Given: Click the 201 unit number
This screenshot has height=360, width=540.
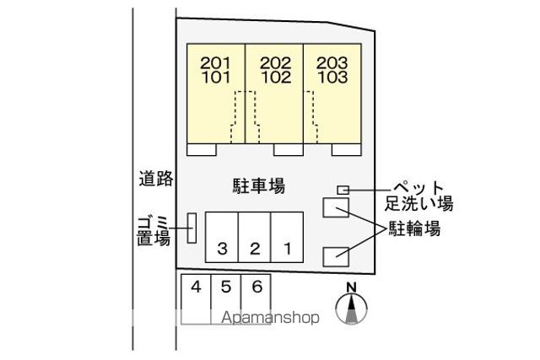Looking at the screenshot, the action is point(215,63).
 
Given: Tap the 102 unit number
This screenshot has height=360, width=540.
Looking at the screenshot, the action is point(276,77).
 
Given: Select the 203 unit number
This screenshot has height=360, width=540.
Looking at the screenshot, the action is point(332,63).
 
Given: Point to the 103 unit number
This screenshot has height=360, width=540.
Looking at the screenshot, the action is point(332,77).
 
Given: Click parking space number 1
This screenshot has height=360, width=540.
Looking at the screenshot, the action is point(287,248).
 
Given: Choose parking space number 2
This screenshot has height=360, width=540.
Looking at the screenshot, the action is point(255,249).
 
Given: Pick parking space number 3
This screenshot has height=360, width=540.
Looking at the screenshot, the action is point(223,249).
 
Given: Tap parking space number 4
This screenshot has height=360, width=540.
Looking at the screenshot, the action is point(196,287).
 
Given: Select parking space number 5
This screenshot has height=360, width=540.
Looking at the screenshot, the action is point(226,287).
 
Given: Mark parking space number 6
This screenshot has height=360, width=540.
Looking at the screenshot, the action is point(257,287).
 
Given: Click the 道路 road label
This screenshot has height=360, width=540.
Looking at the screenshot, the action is point(156,178).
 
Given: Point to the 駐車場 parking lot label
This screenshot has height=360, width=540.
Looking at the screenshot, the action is point(259,186).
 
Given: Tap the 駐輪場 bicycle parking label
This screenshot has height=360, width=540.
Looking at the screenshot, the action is point(414,228).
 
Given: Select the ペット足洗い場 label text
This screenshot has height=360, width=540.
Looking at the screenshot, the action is point(418,196).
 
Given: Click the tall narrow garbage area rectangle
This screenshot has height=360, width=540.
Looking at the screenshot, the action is point(192,228).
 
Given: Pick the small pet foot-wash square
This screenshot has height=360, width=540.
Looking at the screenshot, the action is point(343,190).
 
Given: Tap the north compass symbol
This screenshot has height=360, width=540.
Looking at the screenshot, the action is point(351,309).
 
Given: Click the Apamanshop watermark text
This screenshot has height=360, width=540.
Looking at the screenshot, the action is point(270,317).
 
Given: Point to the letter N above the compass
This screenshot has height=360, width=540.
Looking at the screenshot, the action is point(351,287).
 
